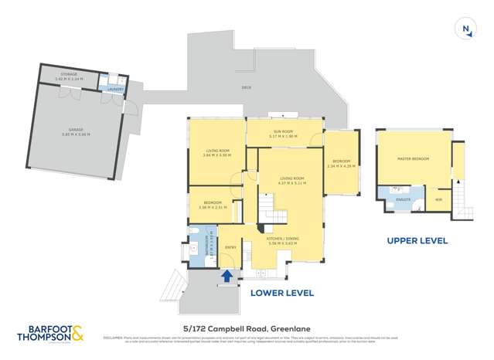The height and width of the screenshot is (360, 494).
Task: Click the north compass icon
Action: pyautogui.click(x=466, y=29)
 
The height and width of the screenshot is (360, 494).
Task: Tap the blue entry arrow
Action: pyautogui.click(x=227, y=274)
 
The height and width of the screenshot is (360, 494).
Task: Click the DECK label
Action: pyautogui.click(x=246, y=87)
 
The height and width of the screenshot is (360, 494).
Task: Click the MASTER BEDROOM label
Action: pyautogui.click(x=413, y=158)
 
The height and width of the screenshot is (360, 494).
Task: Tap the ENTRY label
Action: pyautogui.click(x=230, y=247)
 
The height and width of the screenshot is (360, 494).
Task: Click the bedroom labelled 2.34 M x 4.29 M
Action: pyautogui.click(x=340, y=164)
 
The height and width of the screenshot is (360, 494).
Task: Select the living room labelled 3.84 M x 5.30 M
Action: pyautogui.click(x=214, y=153)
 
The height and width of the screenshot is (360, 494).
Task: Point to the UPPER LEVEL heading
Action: pyautogui.click(x=417, y=241)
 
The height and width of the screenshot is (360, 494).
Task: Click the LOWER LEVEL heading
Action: pyautogui.click(x=281, y=293)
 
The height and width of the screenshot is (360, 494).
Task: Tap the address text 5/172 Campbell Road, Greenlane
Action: pyautogui.click(x=247, y=328)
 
